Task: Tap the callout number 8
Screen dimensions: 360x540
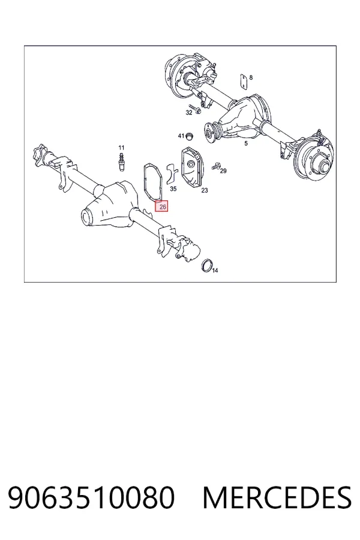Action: click(251, 77)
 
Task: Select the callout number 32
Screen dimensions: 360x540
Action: click(189, 113)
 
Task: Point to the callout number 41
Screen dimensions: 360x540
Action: click(181, 136)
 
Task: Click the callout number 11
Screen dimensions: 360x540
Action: click(121, 148)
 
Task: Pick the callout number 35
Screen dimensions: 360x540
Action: click(173, 189)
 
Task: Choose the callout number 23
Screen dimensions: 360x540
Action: click(205, 190)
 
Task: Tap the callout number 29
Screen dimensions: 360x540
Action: click(223, 171)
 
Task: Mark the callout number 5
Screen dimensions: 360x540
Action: click(245, 143)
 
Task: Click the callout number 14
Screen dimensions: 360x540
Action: click(215, 271)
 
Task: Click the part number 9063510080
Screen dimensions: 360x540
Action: click(91, 497)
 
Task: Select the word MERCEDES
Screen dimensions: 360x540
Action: click(277, 497)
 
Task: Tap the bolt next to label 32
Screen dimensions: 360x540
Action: click(197, 109)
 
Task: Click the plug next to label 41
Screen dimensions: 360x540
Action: click(189, 136)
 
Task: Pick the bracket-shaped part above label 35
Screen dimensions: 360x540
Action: click(171, 174)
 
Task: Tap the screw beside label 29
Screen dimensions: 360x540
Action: click(216, 166)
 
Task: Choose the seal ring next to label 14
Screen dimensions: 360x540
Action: click(206, 265)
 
